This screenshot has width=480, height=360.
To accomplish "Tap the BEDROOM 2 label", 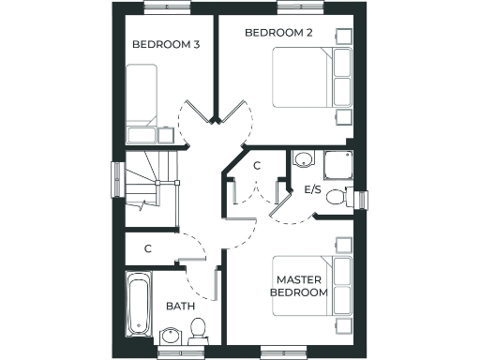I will pyautogui.click(x=278, y=33).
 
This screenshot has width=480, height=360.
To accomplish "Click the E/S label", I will pyautogui.click(x=314, y=189).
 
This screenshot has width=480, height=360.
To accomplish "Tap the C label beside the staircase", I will pyautogui.click(x=148, y=249).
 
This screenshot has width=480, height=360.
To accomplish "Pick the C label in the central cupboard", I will pyautogui.click(x=257, y=165).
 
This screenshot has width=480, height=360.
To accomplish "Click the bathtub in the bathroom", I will pyautogui.click(x=138, y=305).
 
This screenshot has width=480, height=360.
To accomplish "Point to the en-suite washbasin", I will pyautogui.click(x=302, y=159).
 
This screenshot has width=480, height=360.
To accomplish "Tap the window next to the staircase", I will pyautogui.click(x=117, y=177).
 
